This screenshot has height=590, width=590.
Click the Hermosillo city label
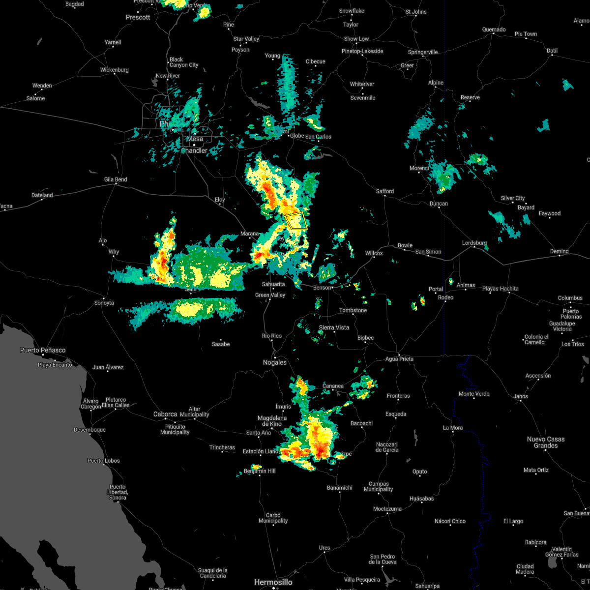[x=273, y=582]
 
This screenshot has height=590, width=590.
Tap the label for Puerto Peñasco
[x=43, y=350]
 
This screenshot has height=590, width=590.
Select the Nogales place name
[x=275, y=362]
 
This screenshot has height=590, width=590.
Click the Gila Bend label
[x=116, y=179]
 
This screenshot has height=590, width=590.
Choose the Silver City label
[x=513, y=198]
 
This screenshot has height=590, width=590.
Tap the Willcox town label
[x=374, y=253]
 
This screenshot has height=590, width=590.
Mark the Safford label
[x=385, y=191]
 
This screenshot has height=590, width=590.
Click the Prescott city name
[x=138, y=17]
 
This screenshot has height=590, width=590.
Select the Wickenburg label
[x=115, y=70]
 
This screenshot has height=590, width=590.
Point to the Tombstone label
[x=353, y=310]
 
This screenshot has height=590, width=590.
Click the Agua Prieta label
[x=399, y=359]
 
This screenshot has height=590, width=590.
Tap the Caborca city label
[x=165, y=414]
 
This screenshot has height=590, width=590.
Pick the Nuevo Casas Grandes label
[x=546, y=442]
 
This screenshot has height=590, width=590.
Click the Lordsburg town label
[x=474, y=243]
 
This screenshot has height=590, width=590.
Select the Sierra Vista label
[x=334, y=327]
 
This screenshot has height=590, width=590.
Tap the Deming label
[x=559, y=251]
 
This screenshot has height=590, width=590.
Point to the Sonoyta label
[x=104, y=303]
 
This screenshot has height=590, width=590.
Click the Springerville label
[x=423, y=52]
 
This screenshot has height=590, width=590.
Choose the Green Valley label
[x=270, y=295]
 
